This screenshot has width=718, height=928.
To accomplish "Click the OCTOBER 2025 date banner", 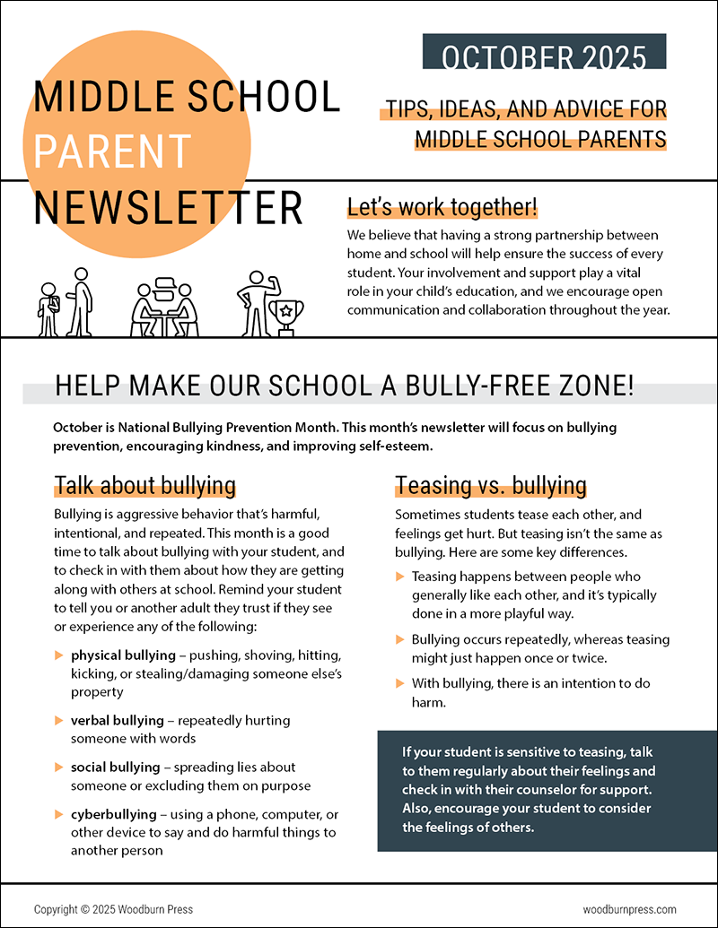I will click(544, 56).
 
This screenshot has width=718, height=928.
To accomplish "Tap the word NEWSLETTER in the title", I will click(169, 207).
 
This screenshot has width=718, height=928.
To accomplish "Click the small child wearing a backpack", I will click(48, 309).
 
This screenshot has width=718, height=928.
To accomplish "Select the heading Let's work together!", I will click(442, 208).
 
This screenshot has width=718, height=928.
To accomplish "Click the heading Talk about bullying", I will click(144, 485).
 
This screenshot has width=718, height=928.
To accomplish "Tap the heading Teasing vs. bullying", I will click(490, 485).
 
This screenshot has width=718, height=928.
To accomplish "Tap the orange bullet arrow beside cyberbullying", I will click(58, 814).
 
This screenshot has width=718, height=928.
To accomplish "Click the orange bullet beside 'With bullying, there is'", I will click(400, 684).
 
